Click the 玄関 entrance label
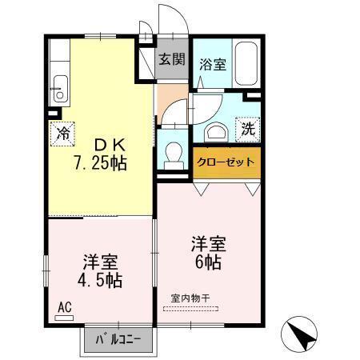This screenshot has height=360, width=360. [x=171, y=59]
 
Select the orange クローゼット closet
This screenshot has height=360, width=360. [x=226, y=162]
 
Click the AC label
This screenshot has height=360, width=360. [x=63, y=306]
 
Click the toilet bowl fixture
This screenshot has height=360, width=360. [x=171, y=152]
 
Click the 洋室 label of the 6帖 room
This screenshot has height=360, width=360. [x=207, y=242]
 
